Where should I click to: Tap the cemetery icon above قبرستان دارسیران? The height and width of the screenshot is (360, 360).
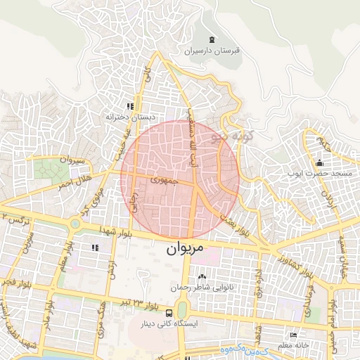[x=212, y=39]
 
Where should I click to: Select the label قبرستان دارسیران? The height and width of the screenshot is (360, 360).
[x=212, y=51]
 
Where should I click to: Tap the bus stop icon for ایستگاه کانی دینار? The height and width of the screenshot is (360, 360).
[x=169, y=312]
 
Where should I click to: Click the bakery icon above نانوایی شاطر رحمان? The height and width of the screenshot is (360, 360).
[x=203, y=276]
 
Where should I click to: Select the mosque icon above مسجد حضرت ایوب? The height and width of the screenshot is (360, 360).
[x=319, y=163]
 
